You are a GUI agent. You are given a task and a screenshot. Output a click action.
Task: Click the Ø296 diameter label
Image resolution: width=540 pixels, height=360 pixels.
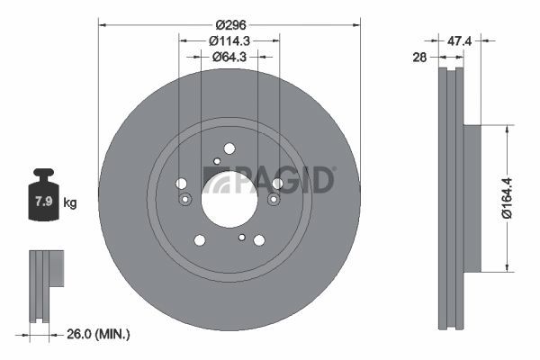click(x=231, y=25)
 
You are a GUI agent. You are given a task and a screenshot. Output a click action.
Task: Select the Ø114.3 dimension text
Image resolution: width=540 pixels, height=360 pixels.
click(x=229, y=41)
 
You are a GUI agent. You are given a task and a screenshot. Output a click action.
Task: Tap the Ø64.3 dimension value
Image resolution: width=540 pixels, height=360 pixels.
click(x=229, y=57)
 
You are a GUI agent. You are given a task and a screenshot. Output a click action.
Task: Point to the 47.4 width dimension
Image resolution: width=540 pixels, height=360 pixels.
click(x=459, y=41)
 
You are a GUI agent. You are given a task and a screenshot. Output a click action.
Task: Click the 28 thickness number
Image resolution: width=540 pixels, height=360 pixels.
click(x=419, y=58)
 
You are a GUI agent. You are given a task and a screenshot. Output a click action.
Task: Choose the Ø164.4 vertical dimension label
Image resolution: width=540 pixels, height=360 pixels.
click(x=507, y=198)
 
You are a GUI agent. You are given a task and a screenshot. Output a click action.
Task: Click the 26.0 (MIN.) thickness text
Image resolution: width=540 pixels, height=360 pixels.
click(x=98, y=334)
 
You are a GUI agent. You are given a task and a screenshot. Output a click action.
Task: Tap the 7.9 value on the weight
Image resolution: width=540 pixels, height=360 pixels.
click(x=44, y=201)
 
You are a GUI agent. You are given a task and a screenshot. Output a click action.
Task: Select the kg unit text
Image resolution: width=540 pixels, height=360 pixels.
click(x=70, y=202)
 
